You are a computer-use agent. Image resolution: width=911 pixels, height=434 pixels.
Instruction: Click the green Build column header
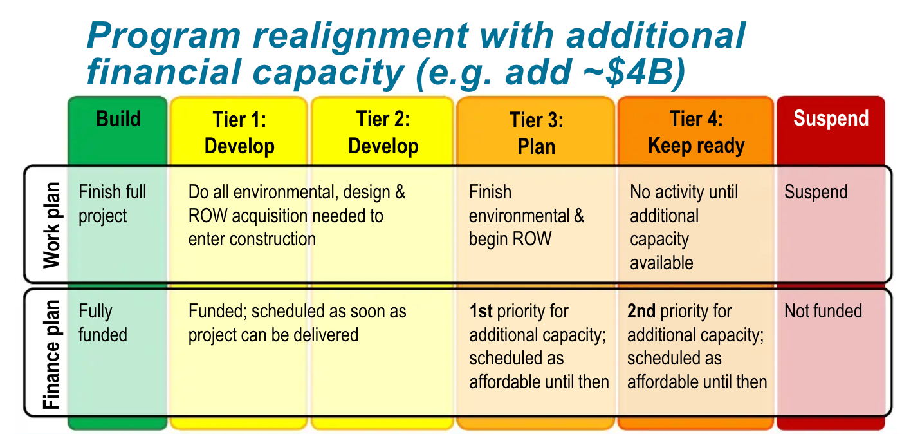118,119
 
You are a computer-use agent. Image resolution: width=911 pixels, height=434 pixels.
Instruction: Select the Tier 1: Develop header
239,133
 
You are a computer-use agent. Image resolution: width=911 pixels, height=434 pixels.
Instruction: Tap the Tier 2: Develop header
383,133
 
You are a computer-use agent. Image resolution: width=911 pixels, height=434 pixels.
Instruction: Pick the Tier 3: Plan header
536,133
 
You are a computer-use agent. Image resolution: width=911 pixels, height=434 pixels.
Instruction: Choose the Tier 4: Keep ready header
696,132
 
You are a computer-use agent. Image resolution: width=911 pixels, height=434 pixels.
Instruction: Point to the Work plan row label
51,225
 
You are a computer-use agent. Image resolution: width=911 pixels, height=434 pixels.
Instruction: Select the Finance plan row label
51,354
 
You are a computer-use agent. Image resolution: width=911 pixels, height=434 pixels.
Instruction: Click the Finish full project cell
112,203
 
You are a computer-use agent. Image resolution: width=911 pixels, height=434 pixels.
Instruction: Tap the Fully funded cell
103,323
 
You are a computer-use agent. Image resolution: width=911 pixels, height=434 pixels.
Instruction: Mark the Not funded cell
822,311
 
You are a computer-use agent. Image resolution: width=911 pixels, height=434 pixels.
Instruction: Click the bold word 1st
481,312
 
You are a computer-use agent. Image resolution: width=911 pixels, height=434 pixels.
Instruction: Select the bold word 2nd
641,312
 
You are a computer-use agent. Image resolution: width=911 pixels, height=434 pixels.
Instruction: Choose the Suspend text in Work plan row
815,192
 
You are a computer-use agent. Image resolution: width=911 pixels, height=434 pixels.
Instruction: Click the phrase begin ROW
510,239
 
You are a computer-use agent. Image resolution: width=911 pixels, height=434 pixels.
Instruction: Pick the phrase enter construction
252,239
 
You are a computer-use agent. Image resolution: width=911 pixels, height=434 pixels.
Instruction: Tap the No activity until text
683,192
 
